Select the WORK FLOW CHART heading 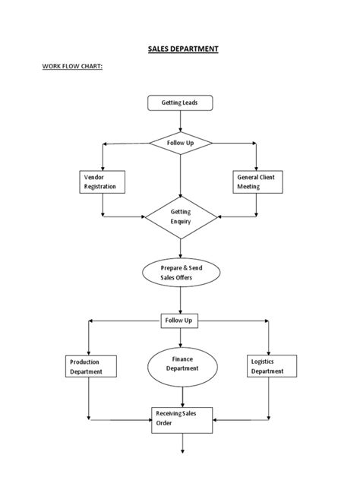pos(72,67)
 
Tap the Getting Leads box pos(180,103)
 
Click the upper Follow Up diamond pos(180,143)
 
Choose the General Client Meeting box pos(257,181)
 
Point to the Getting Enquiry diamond pos(180,217)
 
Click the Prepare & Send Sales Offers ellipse pos(180,273)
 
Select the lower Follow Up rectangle pos(179,321)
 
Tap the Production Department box pos(90,367)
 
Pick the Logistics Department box pos(267,367)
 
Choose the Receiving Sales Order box pos(179,418)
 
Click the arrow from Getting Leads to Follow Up pos(180,121)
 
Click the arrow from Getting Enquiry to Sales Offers pos(180,248)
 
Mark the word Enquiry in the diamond pos(181,222)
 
